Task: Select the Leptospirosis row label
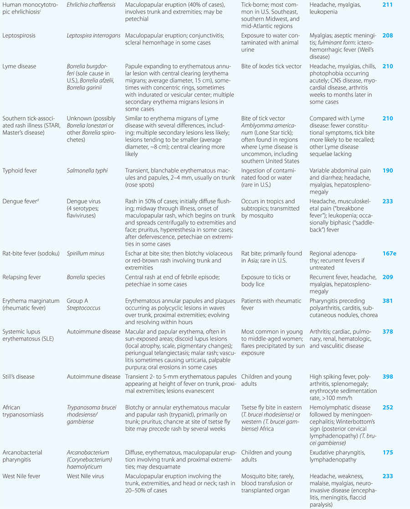coord(19,35)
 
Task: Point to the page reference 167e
coord(389,254)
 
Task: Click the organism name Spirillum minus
coord(86,254)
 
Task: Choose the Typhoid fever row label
coord(21,171)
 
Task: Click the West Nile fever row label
coord(22,476)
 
